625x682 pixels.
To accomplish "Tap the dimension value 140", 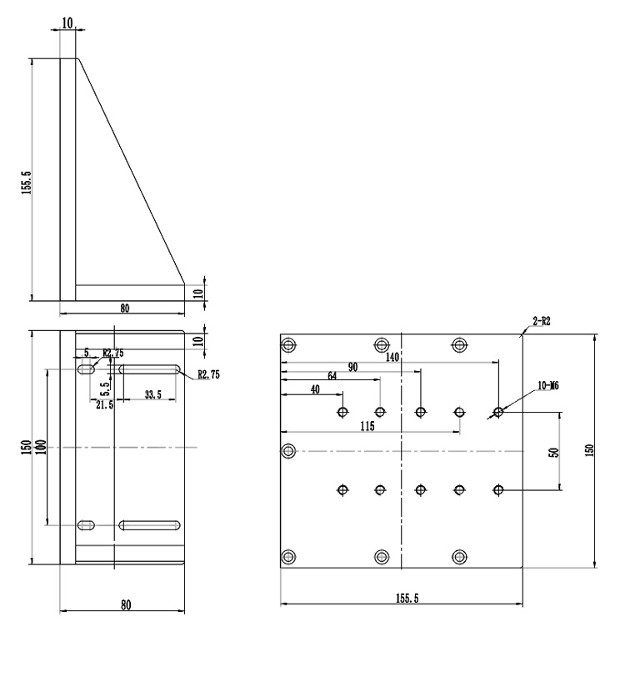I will (x=392, y=356).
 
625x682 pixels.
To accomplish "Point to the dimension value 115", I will (x=367, y=425).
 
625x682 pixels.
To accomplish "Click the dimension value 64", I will (x=332, y=375).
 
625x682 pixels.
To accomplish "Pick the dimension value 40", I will (x=314, y=389).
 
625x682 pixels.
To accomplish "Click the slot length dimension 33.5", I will (x=152, y=395).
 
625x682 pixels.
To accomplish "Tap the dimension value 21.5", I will (x=104, y=404).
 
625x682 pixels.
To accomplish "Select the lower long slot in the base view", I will (x=150, y=525).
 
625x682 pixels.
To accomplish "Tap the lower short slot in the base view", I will (x=86, y=525).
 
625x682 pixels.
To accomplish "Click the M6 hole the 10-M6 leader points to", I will (x=498, y=412).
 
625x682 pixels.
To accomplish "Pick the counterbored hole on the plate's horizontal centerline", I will (x=289, y=451).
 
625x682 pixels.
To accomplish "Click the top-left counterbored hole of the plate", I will (x=289, y=345).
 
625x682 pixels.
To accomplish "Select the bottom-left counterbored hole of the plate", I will (x=289, y=557).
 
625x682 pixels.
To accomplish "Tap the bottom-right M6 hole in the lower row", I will (x=498, y=490).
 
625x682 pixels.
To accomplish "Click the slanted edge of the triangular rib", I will (x=132, y=167).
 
